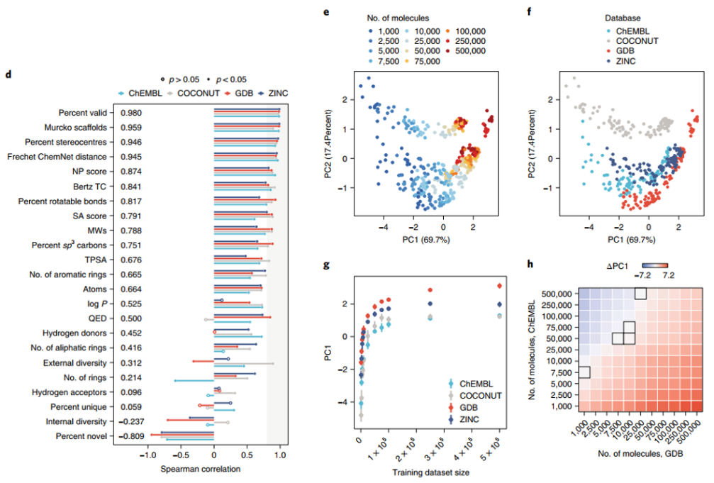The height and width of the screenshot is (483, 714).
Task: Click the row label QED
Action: (97, 318)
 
